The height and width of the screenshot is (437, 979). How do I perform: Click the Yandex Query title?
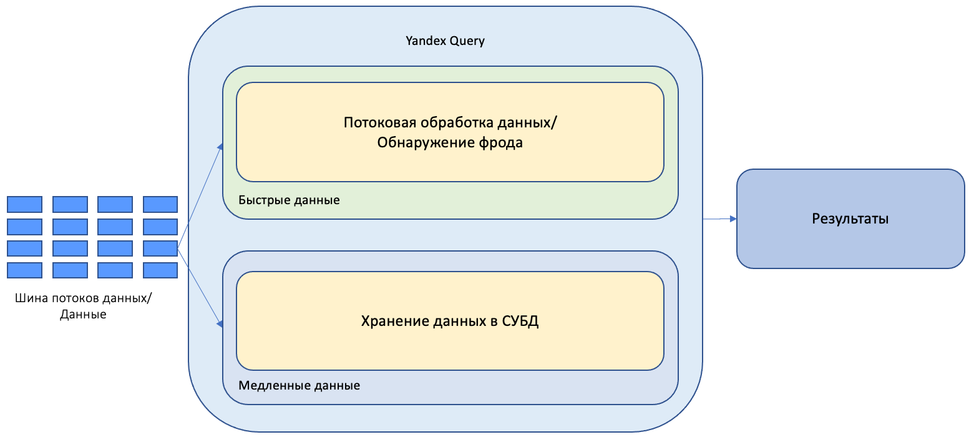445,41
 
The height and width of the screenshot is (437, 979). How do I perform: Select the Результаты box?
850,219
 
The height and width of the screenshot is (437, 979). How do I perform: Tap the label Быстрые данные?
289,200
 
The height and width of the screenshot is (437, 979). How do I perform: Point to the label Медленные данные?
299,385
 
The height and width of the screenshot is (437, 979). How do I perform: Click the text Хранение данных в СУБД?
449,321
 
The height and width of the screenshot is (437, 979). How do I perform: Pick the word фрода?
500,142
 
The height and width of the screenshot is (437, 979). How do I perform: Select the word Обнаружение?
426,142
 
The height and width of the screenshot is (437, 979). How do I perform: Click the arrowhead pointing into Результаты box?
733,219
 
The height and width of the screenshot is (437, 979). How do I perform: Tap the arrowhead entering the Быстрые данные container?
220,147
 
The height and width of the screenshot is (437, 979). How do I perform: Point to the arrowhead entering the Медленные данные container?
220,323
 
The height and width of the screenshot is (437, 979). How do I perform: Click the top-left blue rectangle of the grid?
25,204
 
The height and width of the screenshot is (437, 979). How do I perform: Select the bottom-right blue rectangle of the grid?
160,270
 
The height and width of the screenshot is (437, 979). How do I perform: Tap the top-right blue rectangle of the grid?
160,204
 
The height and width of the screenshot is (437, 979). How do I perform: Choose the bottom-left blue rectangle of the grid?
25,270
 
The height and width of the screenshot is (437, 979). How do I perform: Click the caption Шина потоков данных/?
83,298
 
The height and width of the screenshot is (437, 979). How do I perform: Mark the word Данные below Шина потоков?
83,315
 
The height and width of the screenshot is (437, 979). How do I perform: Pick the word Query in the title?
467,41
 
